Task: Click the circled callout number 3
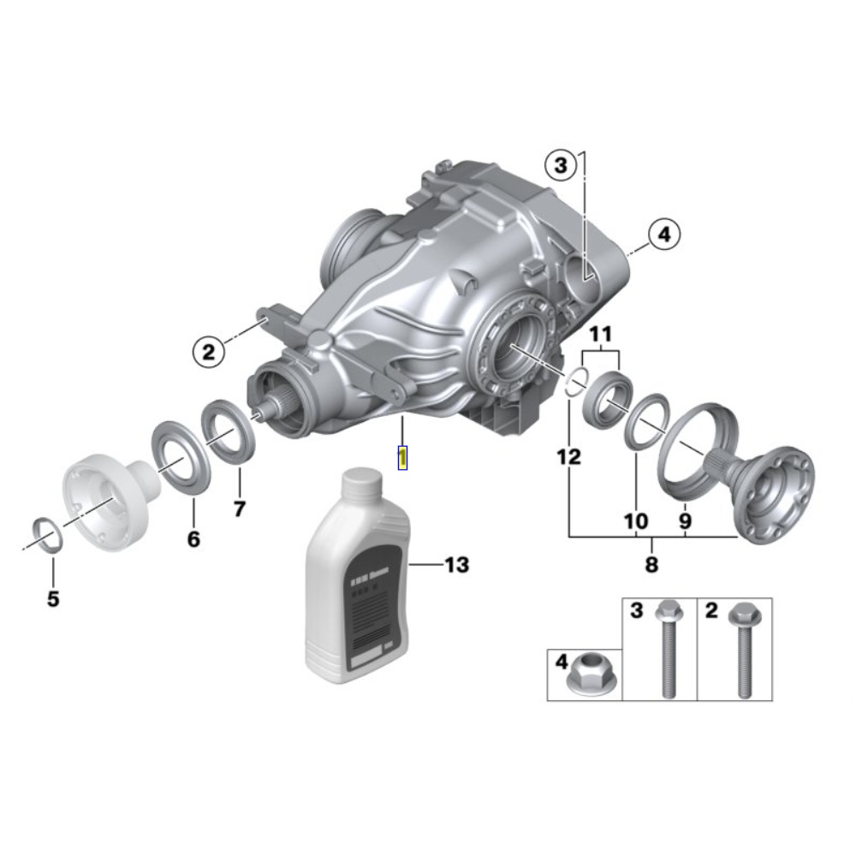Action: (560, 165)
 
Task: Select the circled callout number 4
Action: (664, 234)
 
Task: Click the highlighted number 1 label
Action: (402, 457)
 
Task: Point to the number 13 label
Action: (456, 565)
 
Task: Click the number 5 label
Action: (53, 599)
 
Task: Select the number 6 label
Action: (193, 539)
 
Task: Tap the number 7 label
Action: (239, 508)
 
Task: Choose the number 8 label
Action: (652, 564)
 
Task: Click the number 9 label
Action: (687, 520)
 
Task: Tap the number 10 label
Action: (636, 520)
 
